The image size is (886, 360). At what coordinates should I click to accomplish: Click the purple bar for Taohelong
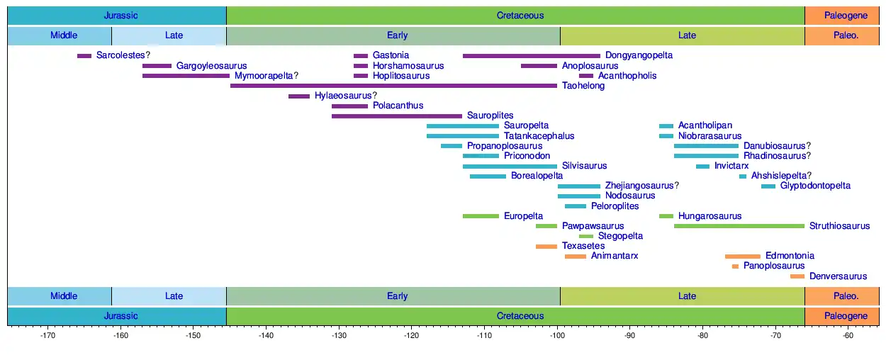393,86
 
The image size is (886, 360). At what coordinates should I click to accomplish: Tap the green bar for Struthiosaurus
739,226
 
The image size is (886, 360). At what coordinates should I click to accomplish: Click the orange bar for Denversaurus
797,276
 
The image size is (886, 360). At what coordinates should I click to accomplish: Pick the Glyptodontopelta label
815,186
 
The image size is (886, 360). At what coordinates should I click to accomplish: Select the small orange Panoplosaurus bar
735,266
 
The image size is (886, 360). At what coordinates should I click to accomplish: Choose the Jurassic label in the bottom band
120,316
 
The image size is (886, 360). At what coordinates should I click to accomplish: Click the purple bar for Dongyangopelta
531,55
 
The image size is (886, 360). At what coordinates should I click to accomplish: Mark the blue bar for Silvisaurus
510,166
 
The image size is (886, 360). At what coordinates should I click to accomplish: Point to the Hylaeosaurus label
345,96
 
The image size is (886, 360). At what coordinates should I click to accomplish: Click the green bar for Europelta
481,216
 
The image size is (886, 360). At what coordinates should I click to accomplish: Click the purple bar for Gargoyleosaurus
157,66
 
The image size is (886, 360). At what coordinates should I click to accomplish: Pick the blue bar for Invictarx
702,166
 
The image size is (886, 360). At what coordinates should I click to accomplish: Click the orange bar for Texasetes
546,246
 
